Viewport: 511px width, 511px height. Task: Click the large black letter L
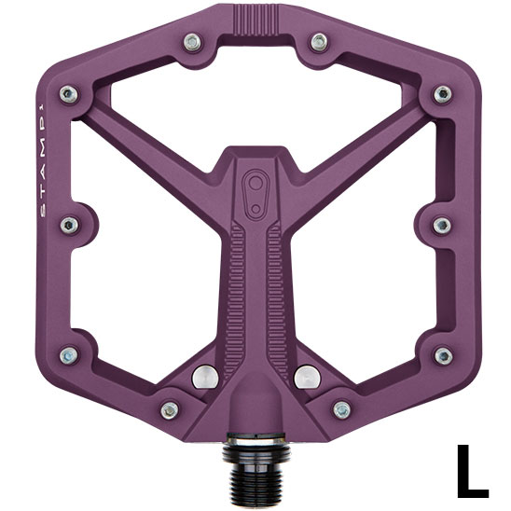(x=472, y=470)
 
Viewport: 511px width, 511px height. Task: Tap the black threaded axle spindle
(x=256, y=468)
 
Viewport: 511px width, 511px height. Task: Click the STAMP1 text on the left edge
(x=43, y=160)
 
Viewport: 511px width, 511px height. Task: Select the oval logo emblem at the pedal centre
(x=256, y=195)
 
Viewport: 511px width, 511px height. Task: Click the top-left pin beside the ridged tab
(x=192, y=42)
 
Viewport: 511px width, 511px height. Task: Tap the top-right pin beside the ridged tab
(x=319, y=42)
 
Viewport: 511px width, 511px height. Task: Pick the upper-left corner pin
(x=69, y=94)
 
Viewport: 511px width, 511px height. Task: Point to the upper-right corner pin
(x=443, y=94)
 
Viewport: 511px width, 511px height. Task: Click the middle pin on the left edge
(x=69, y=225)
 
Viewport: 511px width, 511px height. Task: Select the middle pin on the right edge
(x=442, y=226)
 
